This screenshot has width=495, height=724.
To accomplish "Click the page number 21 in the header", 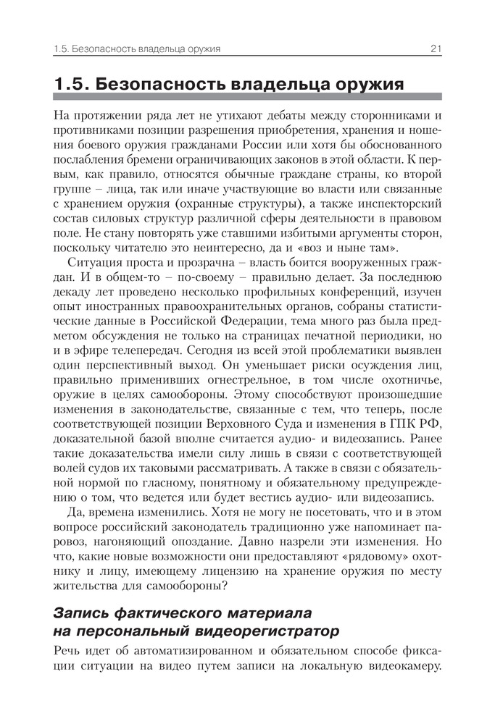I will pos(436,49).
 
